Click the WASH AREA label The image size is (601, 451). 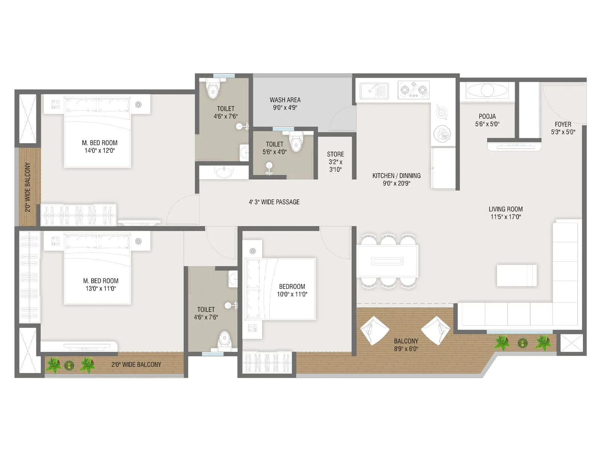pos(285,100)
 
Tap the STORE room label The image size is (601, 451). pos(335,154)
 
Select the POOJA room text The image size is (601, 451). pos(487,117)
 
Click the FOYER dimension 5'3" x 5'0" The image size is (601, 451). pos(563,132)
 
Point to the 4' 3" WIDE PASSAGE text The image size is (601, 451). pos(274,202)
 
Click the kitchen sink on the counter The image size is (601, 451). pos(374,91)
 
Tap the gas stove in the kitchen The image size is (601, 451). pos(414,90)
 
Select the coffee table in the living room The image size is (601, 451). pos(516,275)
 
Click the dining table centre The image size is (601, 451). pos(387,261)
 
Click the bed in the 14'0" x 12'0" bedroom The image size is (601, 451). pos(98,132)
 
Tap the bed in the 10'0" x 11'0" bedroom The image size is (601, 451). pos(280,289)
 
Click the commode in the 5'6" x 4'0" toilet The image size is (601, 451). pos(296,141)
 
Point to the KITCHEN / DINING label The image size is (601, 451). pos(396,176)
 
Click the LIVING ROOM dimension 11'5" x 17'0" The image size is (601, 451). pos(506,217)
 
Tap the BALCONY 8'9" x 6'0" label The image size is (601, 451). pos(406,345)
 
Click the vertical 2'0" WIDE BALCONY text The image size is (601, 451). pos(28,187)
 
